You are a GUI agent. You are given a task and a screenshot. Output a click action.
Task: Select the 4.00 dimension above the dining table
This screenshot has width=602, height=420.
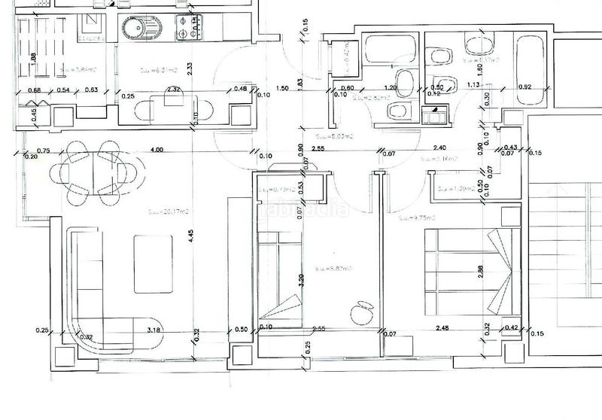point(157,150)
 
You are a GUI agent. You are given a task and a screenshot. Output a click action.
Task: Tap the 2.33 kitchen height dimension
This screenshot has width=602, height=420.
point(191,68)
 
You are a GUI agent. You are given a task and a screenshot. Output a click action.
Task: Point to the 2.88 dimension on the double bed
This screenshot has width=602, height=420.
point(481,272)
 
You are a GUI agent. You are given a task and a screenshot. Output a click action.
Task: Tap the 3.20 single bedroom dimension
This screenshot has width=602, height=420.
point(300,282)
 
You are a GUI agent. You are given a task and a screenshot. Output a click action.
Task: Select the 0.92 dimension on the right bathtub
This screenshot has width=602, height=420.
point(525,87)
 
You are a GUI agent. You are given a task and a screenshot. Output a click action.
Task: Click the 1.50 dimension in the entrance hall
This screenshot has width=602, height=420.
point(283,88)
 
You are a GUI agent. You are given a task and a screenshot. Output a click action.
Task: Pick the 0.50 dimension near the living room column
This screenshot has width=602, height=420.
point(241,329)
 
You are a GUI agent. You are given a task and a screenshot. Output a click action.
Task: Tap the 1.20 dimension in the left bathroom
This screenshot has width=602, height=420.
point(391,87)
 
